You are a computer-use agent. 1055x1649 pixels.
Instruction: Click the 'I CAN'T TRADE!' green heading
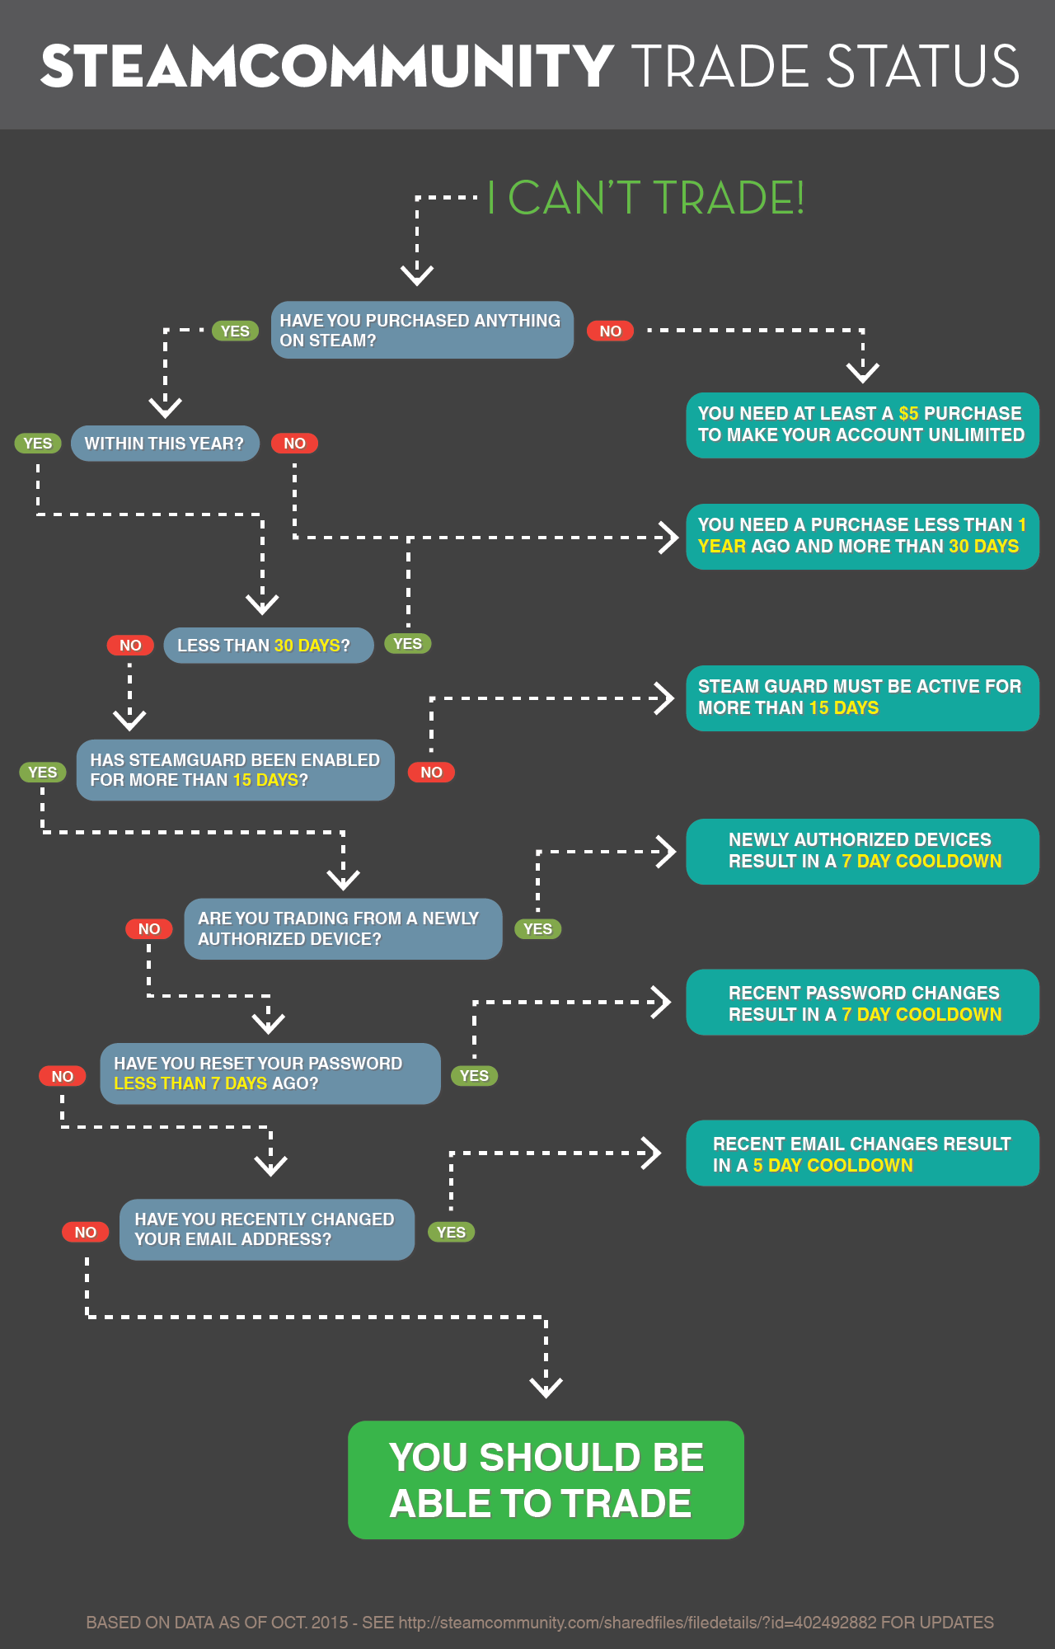coord(645,199)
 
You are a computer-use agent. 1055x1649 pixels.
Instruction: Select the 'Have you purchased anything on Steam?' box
coord(422,330)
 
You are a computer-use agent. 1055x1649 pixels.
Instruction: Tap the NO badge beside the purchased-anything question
coord(610,331)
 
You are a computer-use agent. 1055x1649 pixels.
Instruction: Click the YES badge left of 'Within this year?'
coord(38,444)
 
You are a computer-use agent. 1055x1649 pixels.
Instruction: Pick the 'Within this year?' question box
coord(165,444)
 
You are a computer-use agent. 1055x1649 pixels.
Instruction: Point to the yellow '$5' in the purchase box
coord(908,414)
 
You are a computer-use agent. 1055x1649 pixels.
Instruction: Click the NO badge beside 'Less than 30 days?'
coord(130,646)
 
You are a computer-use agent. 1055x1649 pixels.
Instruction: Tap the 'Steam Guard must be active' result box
coord(862,698)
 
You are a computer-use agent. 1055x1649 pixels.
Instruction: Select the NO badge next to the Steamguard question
coord(431,773)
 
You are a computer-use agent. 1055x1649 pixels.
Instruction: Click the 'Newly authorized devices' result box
coord(862,851)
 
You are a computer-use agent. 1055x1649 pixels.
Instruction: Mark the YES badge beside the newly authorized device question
coord(537,929)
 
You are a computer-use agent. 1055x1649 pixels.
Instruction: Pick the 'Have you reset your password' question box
coord(270,1073)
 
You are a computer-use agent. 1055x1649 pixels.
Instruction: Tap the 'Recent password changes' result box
coord(862,1003)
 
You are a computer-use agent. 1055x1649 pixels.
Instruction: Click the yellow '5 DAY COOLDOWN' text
coord(832,1166)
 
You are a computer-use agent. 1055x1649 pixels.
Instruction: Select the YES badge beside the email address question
coord(451,1233)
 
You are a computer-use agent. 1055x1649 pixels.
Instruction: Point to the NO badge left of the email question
coord(86,1233)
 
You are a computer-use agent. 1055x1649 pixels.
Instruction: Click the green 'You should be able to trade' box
coord(546,1480)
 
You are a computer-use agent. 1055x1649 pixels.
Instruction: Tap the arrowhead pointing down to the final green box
coord(546,1388)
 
